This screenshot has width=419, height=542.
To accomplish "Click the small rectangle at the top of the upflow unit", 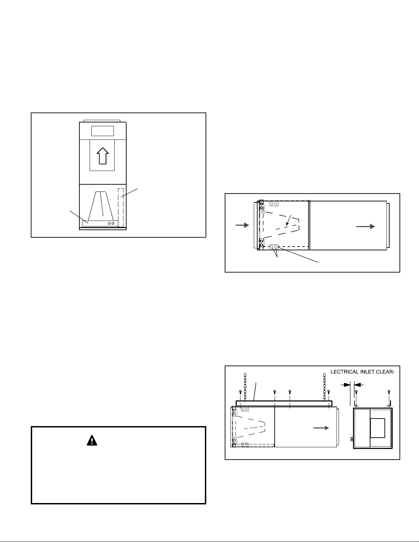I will click(102, 131).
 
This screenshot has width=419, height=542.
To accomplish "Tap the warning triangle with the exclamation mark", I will click(92, 440).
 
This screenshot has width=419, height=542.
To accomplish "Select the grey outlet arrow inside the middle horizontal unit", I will click(366, 226).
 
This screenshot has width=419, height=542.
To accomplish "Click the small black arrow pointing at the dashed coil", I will click(288, 221).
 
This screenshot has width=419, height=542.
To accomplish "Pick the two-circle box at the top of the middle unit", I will click(274, 204).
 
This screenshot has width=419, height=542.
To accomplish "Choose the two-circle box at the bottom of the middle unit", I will click(274, 247).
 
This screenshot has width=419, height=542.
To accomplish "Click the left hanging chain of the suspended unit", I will click(245, 386).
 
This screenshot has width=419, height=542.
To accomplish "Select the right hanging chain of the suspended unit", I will click(324, 386).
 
